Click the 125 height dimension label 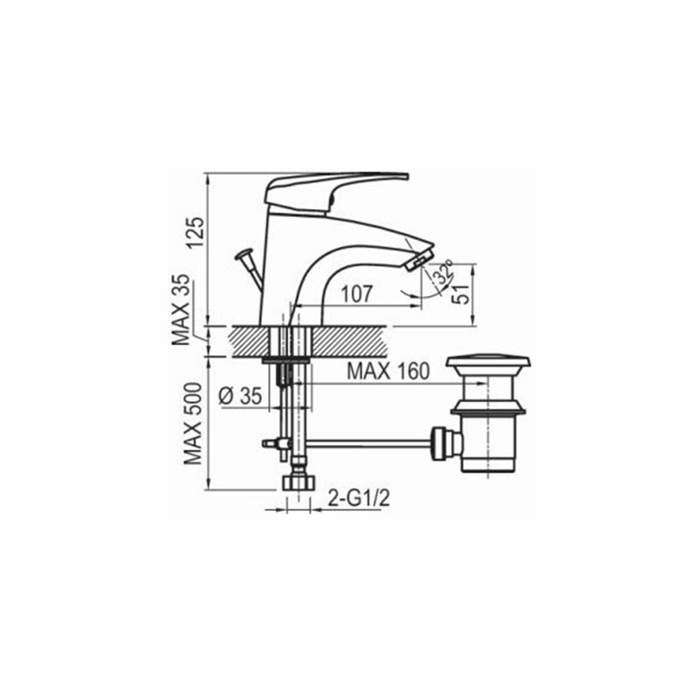196,232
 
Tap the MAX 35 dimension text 181,310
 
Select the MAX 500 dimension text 193,424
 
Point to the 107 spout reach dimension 356,294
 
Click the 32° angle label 442,273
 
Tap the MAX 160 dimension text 388,371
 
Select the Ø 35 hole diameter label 240,397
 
